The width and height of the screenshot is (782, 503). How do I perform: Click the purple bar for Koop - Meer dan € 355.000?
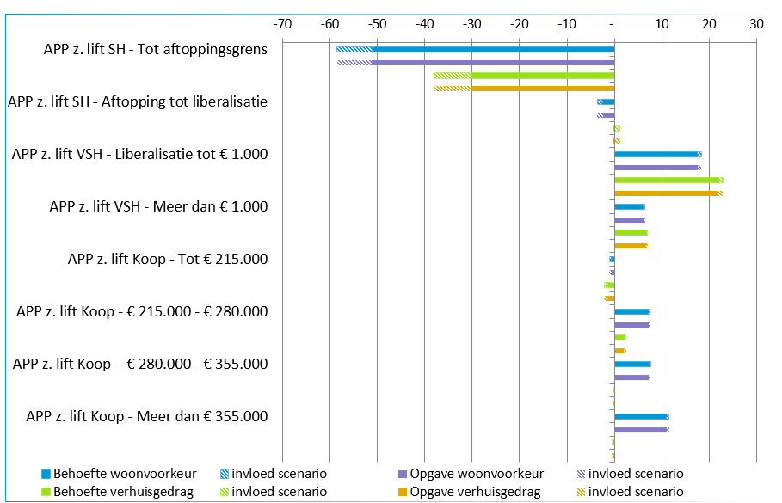click(x=640, y=430)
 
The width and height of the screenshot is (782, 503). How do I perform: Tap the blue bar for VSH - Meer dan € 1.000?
click(x=629, y=206)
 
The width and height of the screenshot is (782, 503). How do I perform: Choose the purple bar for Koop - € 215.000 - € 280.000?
click(x=631, y=325)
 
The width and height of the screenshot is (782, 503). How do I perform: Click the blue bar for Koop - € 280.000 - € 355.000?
click(x=631, y=364)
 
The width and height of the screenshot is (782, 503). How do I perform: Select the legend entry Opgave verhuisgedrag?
click(x=475, y=492)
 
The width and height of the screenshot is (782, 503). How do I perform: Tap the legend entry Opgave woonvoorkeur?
click(x=475, y=474)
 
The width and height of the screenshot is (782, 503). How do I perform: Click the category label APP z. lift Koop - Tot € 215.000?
click(x=167, y=259)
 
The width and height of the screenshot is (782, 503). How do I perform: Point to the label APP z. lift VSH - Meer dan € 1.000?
click(x=158, y=206)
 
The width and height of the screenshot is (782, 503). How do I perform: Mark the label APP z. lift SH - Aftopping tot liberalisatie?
click(x=138, y=101)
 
